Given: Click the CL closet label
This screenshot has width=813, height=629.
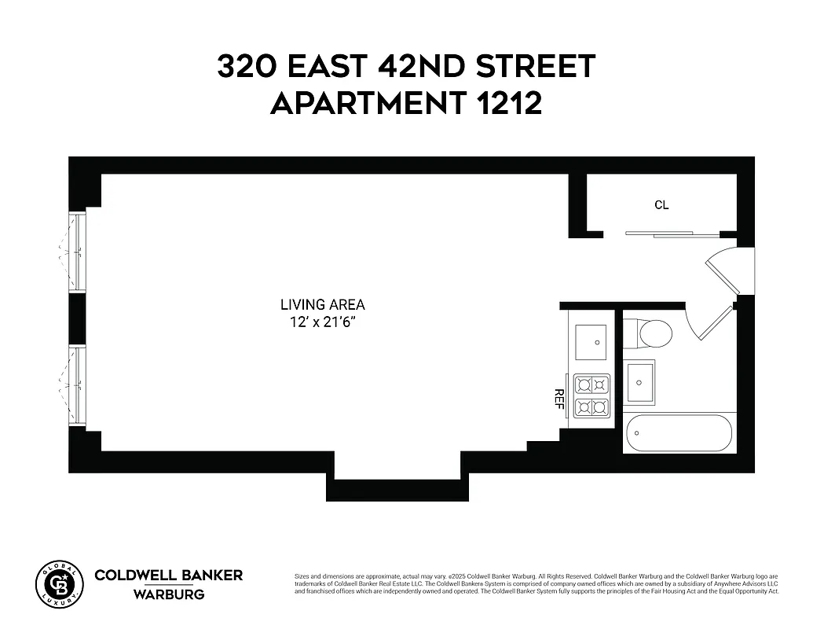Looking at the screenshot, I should tap(661, 205).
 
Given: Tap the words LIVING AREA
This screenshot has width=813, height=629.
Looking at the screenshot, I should tap(323, 305).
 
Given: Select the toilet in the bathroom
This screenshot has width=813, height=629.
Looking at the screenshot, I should tap(654, 333).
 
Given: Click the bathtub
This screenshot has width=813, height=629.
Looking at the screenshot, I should tap(679, 433).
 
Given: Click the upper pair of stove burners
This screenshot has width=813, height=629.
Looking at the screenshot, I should tap(592, 384).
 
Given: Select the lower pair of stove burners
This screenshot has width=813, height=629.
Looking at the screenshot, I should tap(592, 407).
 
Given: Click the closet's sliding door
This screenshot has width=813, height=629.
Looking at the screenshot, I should tap(672, 234).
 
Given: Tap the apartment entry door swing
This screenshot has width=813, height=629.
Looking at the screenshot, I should tap(727, 271).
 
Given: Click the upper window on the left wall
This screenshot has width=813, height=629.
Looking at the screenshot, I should tap(77, 251).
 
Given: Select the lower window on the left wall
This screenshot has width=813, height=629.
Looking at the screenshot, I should tap(77, 385).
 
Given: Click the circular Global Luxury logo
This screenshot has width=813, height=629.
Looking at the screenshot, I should tap(59, 584).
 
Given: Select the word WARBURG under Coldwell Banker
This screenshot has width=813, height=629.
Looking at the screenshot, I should tap(169, 594).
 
